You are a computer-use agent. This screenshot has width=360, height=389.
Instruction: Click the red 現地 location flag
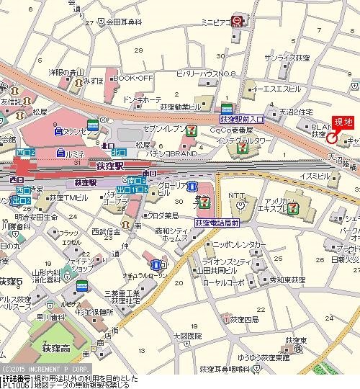tap(341, 122)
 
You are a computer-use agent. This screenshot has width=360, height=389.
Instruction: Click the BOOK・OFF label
tap(134, 77)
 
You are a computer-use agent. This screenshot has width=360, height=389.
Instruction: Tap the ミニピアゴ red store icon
tap(236, 23)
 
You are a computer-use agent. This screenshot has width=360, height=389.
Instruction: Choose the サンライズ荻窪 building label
tap(288, 57)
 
